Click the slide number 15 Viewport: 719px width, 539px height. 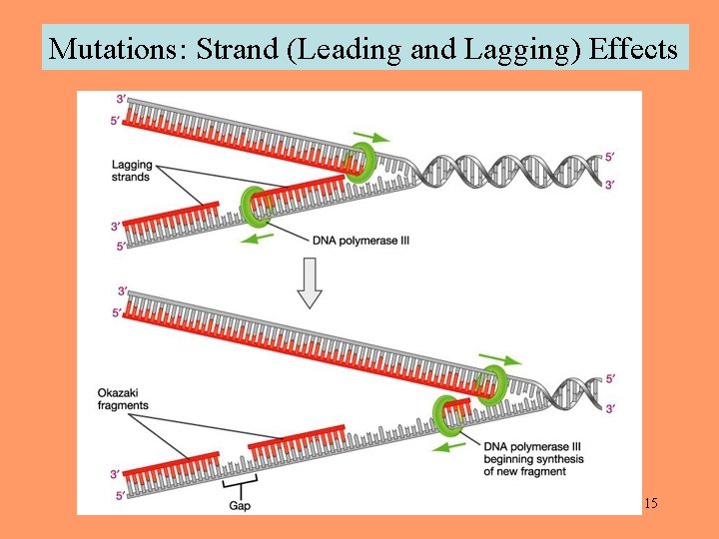click(649, 503)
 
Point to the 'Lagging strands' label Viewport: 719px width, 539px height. click(133, 171)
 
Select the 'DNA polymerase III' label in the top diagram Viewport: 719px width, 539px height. click(360, 240)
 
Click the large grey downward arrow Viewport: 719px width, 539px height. click(310, 281)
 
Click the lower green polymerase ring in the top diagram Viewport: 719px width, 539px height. click(257, 207)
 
